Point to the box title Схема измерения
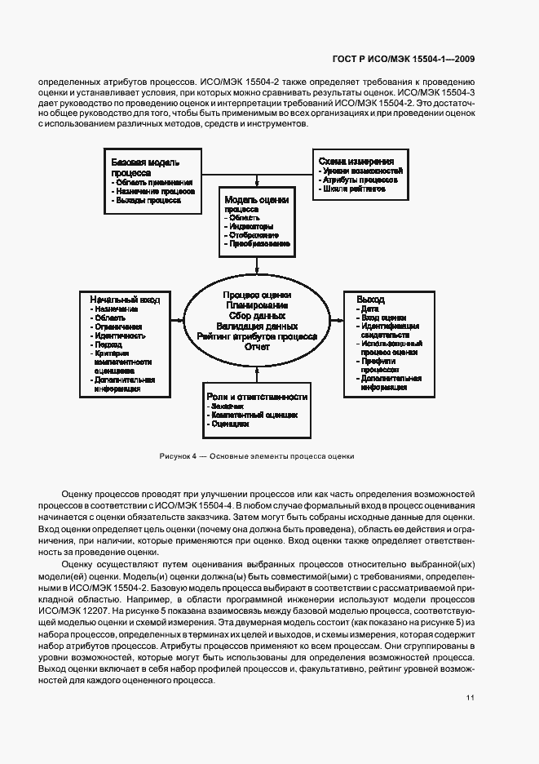tap(356, 162)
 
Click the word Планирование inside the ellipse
tap(256, 304)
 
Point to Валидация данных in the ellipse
tap(257, 326)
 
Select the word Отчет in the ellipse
tap(257, 347)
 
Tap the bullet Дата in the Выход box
tap(369, 309)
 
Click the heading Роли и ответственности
tap(257, 396)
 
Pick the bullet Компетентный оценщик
tap(254, 415)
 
